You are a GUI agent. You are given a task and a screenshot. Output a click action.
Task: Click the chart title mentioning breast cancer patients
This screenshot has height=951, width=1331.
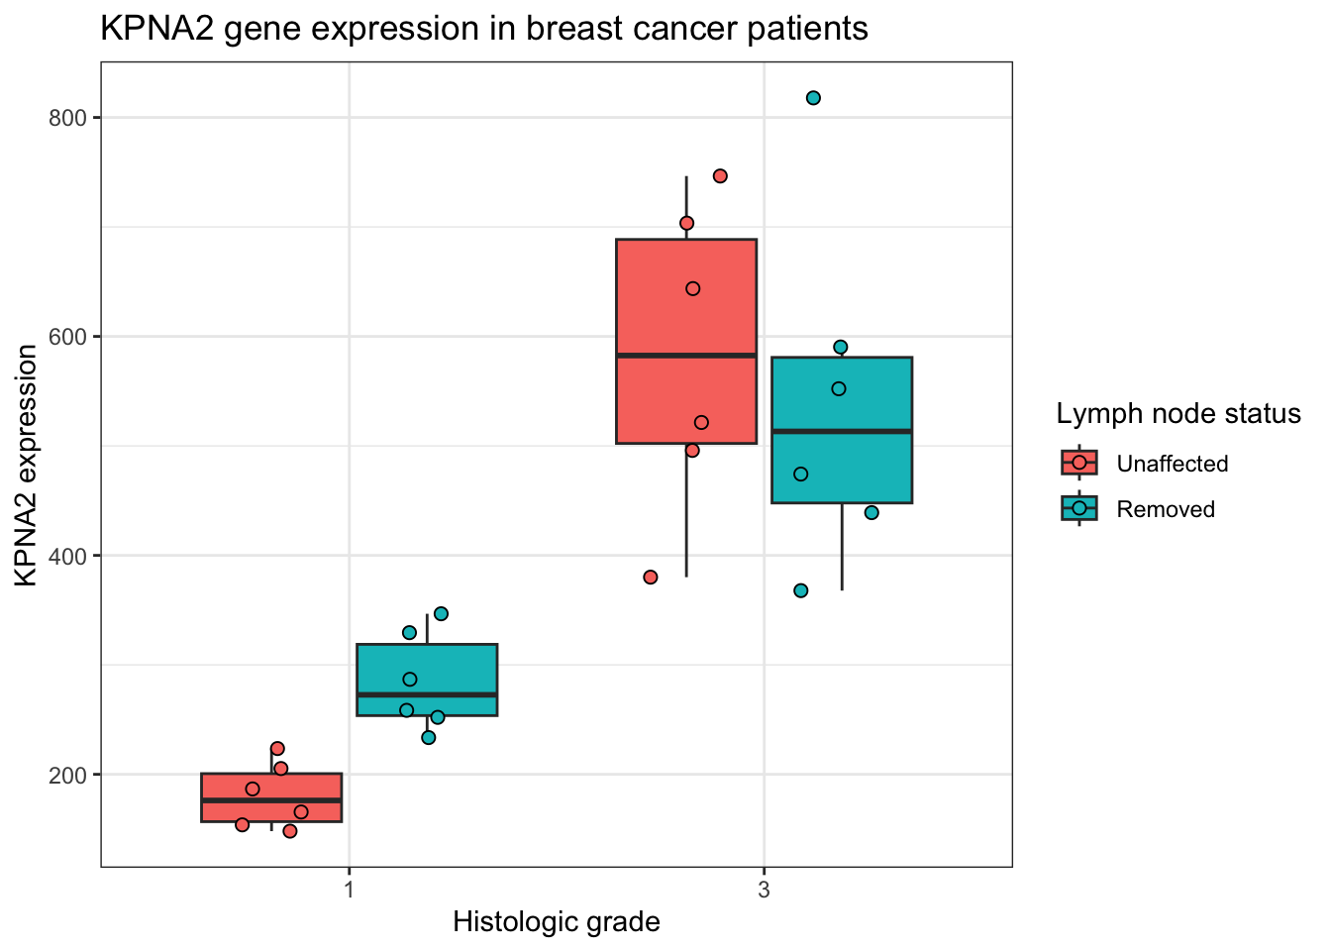(484, 29)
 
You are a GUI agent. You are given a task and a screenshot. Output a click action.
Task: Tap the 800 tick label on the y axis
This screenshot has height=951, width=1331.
(68, 118)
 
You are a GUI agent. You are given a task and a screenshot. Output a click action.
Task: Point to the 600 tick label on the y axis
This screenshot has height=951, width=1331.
(68, 337)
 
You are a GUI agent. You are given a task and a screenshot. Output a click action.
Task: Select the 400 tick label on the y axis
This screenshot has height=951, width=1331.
(68, 556)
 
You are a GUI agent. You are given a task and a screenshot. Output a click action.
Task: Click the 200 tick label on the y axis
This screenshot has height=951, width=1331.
(68, 775)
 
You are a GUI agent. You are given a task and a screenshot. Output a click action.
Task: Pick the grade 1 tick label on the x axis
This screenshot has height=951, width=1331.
(350, 890)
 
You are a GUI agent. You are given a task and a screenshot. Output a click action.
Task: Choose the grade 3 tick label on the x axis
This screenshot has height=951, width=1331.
(764, 890)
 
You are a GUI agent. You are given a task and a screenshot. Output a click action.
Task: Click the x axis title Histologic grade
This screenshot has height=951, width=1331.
(556, 922)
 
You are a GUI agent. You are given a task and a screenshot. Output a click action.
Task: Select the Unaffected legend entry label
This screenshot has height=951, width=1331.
(1172, 464)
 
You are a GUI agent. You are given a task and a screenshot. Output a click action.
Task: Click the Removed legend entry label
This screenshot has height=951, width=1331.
(1165, 509)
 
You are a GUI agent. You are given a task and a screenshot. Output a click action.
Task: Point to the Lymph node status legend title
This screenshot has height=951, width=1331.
(1177, 414)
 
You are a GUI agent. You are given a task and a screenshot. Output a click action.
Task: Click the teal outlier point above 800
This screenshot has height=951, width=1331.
(813, 98)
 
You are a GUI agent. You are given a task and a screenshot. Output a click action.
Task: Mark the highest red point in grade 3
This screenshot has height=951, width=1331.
(720, 176)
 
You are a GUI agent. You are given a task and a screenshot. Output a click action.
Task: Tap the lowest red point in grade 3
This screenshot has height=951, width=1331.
(651, 578)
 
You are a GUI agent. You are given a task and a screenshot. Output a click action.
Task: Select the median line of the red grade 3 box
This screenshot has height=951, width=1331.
(686, 355)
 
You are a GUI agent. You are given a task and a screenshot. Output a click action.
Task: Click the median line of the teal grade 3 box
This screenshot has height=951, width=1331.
(842, 431)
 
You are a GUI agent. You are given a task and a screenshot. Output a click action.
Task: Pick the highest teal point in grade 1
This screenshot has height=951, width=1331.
(441, 614)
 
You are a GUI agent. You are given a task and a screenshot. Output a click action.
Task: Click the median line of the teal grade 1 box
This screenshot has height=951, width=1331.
(427, 694)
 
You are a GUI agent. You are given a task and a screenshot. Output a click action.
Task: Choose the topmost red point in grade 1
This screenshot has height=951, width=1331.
(277, 749)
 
